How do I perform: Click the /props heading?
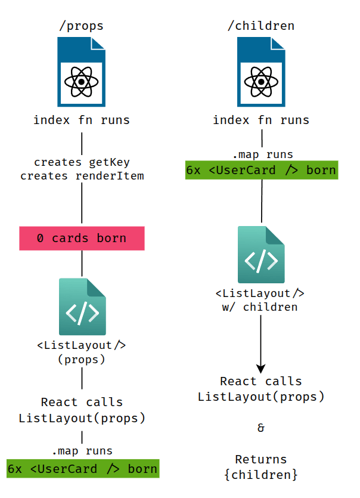tap(81, 26)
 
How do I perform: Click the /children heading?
tap(261, 26)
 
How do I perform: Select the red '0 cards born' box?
tap(82, 238)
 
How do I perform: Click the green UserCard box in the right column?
tap(261, 170)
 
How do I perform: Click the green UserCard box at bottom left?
tap(82, 469)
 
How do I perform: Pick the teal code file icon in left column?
tap(82, 307)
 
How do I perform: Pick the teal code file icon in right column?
tap(261, 255)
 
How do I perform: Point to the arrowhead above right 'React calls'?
tap(261, 367)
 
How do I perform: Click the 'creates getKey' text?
tap(82, 162)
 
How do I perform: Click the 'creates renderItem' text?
tap(82, 176)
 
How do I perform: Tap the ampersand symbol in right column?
tap(260, 428)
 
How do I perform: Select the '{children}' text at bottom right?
tap(260, 475)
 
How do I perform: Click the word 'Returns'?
tap(260, 459)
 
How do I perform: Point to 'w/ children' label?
tap(260, 307)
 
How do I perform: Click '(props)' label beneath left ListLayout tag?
tap(82, 359)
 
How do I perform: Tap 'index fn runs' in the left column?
tap(82, 120)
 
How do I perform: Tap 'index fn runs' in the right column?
tap(261, 120)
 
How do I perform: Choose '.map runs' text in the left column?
tap(82, 450)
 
